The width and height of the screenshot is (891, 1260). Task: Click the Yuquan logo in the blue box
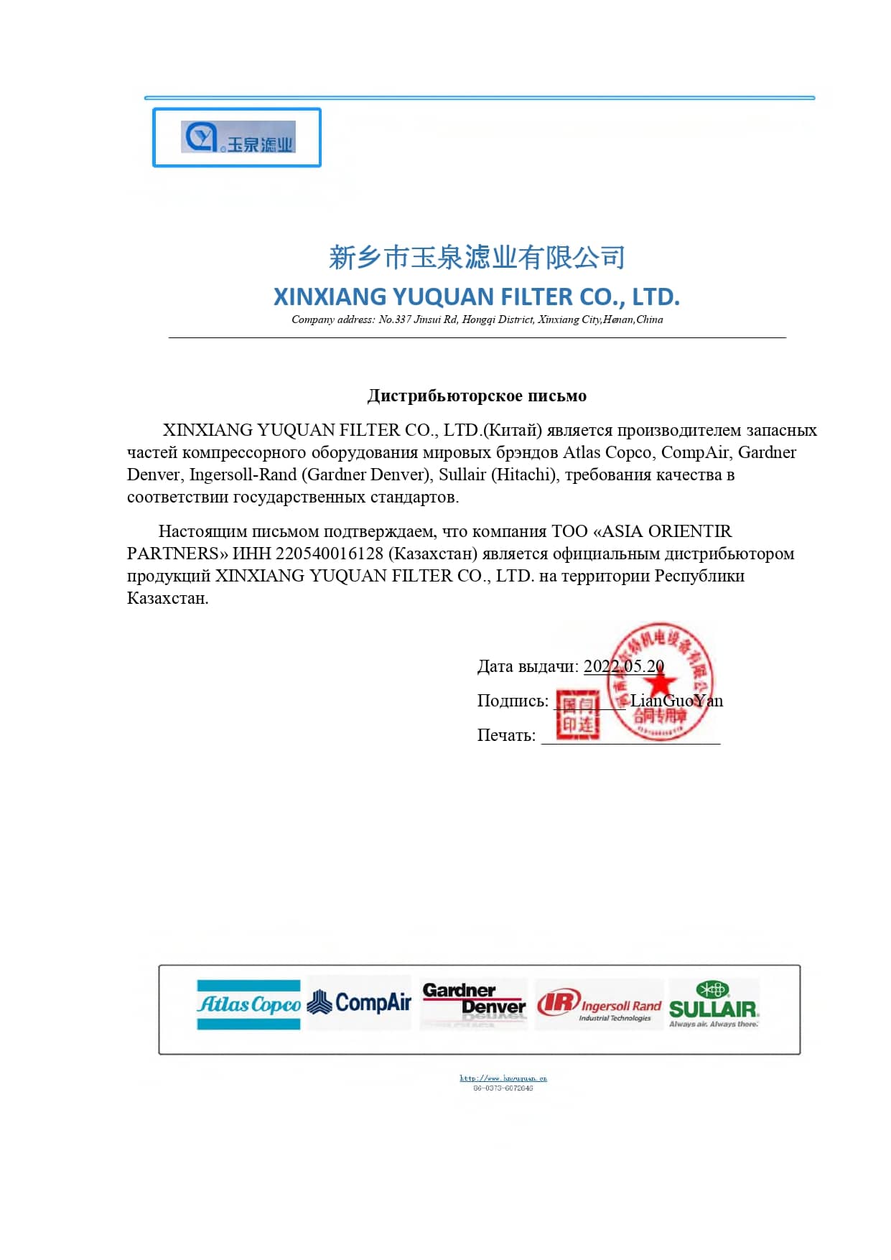click(x=238, y=137)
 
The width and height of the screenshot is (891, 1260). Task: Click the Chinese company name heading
click(x=477, y=257)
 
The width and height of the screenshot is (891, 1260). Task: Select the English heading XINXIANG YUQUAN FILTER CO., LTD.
click(x=477, y=297)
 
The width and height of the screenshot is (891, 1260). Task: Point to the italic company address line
click(x=477, y=319)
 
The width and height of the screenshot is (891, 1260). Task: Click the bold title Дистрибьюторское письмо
click(x=477, y=396)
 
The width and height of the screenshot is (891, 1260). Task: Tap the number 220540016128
click(x=330, y=554)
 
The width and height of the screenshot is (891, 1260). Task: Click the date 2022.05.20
click(x=623, y=666)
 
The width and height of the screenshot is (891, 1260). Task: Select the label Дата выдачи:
click(x=528, y=666)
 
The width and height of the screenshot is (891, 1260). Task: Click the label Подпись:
click(x=513, y=701)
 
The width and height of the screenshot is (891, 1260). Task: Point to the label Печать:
click(x=506, y=735)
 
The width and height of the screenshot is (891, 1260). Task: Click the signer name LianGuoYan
click(x=676, y=701)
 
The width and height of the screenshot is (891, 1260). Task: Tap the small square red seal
click(x=577, y=714)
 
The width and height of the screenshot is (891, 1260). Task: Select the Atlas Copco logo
click(x=248, y=1004)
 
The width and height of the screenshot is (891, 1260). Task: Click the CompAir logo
click(x=359, y=1002)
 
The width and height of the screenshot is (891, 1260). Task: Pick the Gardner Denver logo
click(x=473, y=1000)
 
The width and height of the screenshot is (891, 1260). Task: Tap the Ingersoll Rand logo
click(x=599, y=1004)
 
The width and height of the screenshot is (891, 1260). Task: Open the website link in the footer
click(x=503, y=1078)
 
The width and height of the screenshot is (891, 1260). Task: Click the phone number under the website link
click(x=503, y=1088)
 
